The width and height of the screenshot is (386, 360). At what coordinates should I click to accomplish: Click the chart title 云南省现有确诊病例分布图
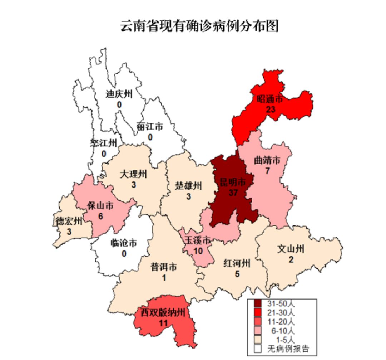point(199,26)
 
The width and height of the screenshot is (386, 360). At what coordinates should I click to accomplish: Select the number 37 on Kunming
point(233,193)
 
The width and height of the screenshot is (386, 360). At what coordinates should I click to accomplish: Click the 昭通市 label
point(270,99)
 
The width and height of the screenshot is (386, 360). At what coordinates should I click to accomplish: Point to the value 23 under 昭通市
point(271,109)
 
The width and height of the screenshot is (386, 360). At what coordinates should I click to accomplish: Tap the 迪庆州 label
point(119,94)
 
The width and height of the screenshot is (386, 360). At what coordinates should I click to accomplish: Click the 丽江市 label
point(150,127)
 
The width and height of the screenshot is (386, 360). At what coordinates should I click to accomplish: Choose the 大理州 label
point(133,175)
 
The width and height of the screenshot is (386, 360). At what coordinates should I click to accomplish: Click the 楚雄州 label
point(188,186)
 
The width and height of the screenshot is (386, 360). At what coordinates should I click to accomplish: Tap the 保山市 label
point(100,206)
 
